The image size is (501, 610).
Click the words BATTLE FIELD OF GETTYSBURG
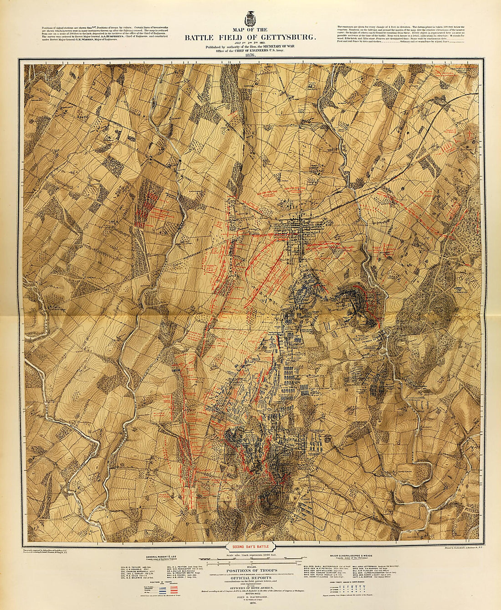click(x=250, y=38)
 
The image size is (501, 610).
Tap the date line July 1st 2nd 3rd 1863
click(x=250, y=43)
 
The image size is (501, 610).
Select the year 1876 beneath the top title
click(x=250, y=55)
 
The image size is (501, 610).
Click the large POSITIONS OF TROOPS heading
click(x=250, y=570)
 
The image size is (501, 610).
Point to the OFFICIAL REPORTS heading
click(x=250, y=579)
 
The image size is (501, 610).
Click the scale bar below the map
click(x=250, y=559)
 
